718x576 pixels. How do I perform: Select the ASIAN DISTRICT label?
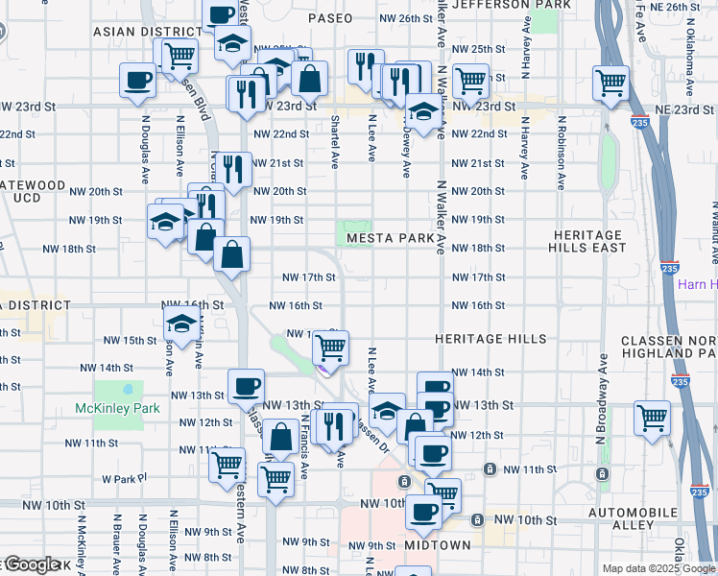point(135,32)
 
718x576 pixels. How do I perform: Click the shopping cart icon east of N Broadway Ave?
point(652,418)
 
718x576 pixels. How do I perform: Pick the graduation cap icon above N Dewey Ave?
point(421,109)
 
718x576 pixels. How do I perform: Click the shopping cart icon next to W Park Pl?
point(227,466)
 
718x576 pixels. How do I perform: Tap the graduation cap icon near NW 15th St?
point(180,324)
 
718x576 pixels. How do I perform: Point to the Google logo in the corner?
point(32,564)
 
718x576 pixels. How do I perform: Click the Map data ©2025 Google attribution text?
point(658,568)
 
